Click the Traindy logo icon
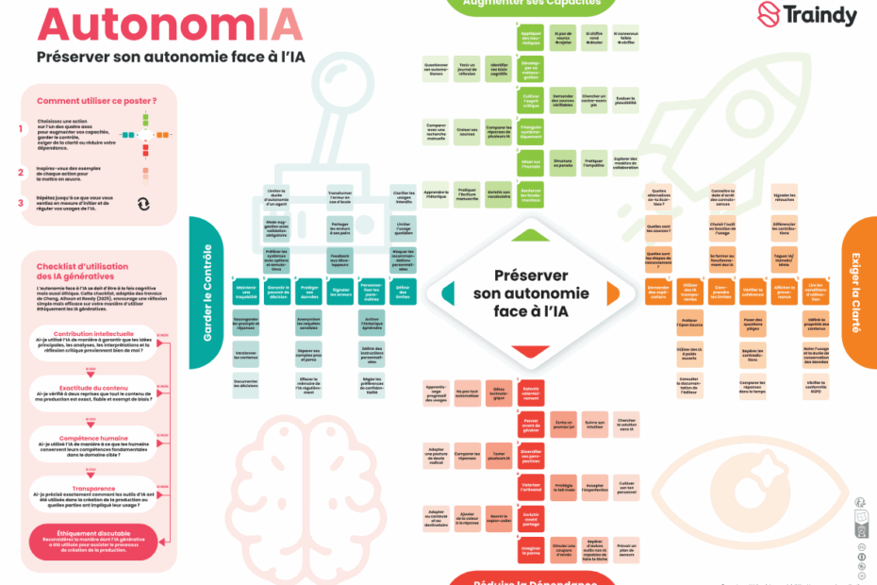[x=770, y=15]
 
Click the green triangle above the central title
[x=531, y=236]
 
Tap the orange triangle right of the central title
[x=612, y=292]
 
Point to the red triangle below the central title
[x=531, y=351]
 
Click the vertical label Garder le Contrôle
[x=207, y=292]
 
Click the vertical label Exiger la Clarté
[x=855, y=292]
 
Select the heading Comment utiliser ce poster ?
[x=97, y=101]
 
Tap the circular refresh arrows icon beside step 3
[x=143, y=203]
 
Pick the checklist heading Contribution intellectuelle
[x=93, y=334]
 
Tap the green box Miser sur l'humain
[x=531, y=164]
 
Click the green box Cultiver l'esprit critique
[x=531, y=100]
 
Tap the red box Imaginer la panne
[x=531, y=551]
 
